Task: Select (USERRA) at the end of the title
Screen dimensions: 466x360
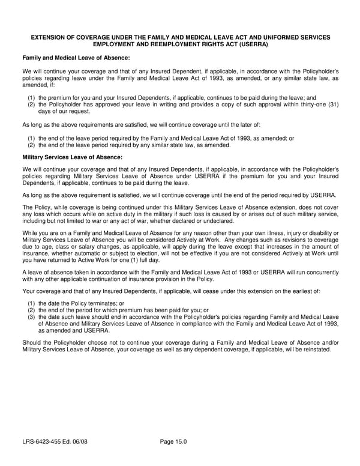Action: [251, 44]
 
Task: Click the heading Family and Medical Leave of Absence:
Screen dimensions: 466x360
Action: [76, 58]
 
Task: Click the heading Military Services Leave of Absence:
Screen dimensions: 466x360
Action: [72, 157]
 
